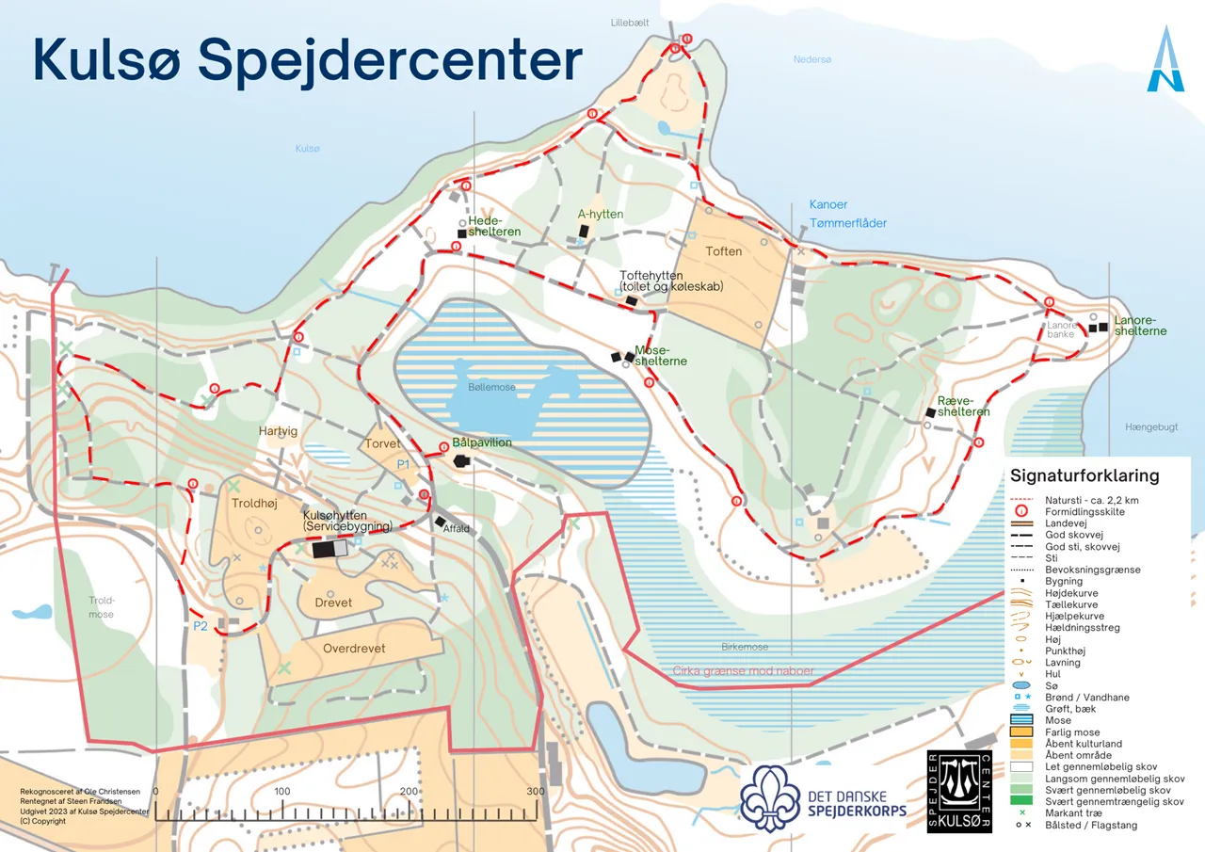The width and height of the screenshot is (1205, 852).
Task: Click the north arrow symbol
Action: tap(1165, 60)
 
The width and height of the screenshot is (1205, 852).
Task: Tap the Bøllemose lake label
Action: tap(490, 387)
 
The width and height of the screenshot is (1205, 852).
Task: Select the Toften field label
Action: tap(724, 251)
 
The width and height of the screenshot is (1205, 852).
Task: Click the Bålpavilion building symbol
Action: tap(461, 461)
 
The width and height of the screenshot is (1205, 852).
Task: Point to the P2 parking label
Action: tap(200, 626)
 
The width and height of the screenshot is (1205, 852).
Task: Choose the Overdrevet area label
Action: tap(354, 650)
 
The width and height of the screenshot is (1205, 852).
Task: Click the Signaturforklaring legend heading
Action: tap(1084, 476)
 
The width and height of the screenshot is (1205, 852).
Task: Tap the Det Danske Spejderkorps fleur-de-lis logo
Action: tap(769, 796)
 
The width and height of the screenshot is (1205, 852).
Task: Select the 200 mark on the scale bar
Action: tap(410, 792)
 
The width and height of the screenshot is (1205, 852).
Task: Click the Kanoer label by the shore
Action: tap(828, 204)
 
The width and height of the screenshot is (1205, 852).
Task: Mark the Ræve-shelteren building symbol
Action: tap(929, 412)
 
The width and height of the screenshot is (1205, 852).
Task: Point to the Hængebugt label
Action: tap(1150, 427)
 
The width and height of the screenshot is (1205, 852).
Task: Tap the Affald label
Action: tap(457, 529)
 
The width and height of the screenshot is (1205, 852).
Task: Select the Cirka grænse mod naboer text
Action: tap(743, 671)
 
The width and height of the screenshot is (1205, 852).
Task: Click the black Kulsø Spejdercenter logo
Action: tap(959, 791)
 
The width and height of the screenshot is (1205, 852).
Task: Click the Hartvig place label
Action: tap(278, 431)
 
